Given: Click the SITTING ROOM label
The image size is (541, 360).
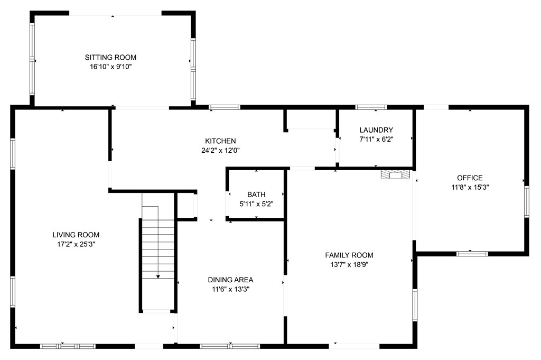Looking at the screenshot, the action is click(x=110, y=57).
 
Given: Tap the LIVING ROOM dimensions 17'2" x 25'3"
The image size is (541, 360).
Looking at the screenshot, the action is click(x=76, y=244).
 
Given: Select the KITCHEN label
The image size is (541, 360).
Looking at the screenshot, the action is click(x=220, y=141).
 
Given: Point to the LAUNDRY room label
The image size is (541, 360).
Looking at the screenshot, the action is click(x=376, y=130).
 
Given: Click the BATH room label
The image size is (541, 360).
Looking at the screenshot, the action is click(x=256, y=195).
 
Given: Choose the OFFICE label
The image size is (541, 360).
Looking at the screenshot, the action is click(x=470, y=178).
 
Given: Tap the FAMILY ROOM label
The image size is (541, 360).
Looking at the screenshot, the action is click(x=349, y=255).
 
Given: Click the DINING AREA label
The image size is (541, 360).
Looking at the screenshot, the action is click(x=230, y=280).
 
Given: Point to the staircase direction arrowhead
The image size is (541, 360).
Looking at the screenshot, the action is click(x=158, y=276).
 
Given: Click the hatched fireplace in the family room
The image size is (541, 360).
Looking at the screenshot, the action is click(x=396, y=174).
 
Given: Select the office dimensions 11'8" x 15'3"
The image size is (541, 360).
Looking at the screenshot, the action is click(x=470, y=188).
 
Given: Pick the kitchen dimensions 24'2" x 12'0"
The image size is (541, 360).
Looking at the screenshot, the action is click(x=220, y=151).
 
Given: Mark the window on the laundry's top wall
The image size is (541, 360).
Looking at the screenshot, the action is click(x=371, y=107).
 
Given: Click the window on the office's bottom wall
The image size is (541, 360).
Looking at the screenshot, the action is click(x=472, y=254).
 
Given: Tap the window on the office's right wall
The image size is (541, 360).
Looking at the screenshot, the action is click(x=527, y=202).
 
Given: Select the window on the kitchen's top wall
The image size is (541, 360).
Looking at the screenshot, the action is click(x=225, y=107).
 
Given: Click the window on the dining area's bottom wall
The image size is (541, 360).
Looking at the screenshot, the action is click(x=230, y=346).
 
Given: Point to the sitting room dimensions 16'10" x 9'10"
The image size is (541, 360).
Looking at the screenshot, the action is click(x=111, y=67).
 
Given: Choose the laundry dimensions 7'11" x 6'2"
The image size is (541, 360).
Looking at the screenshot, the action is click(x=376, y=140).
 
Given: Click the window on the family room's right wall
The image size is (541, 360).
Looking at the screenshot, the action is click(x=415, y=305).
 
